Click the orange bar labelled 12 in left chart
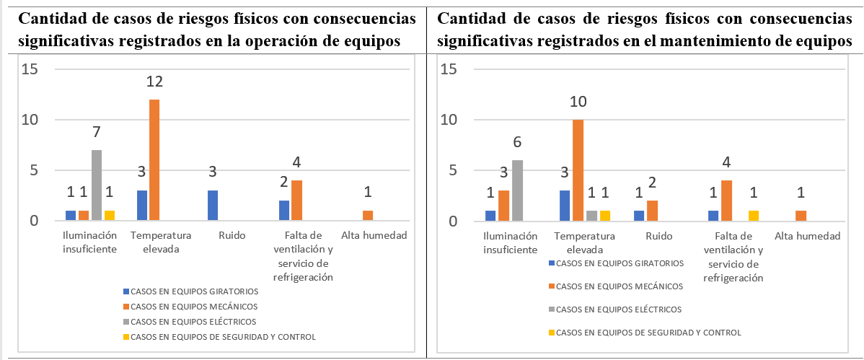(154, 160)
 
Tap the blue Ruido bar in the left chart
(213, 206)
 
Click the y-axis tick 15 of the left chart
(30, 69)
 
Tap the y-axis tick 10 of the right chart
(449, 120)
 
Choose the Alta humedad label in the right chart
(807, 236)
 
